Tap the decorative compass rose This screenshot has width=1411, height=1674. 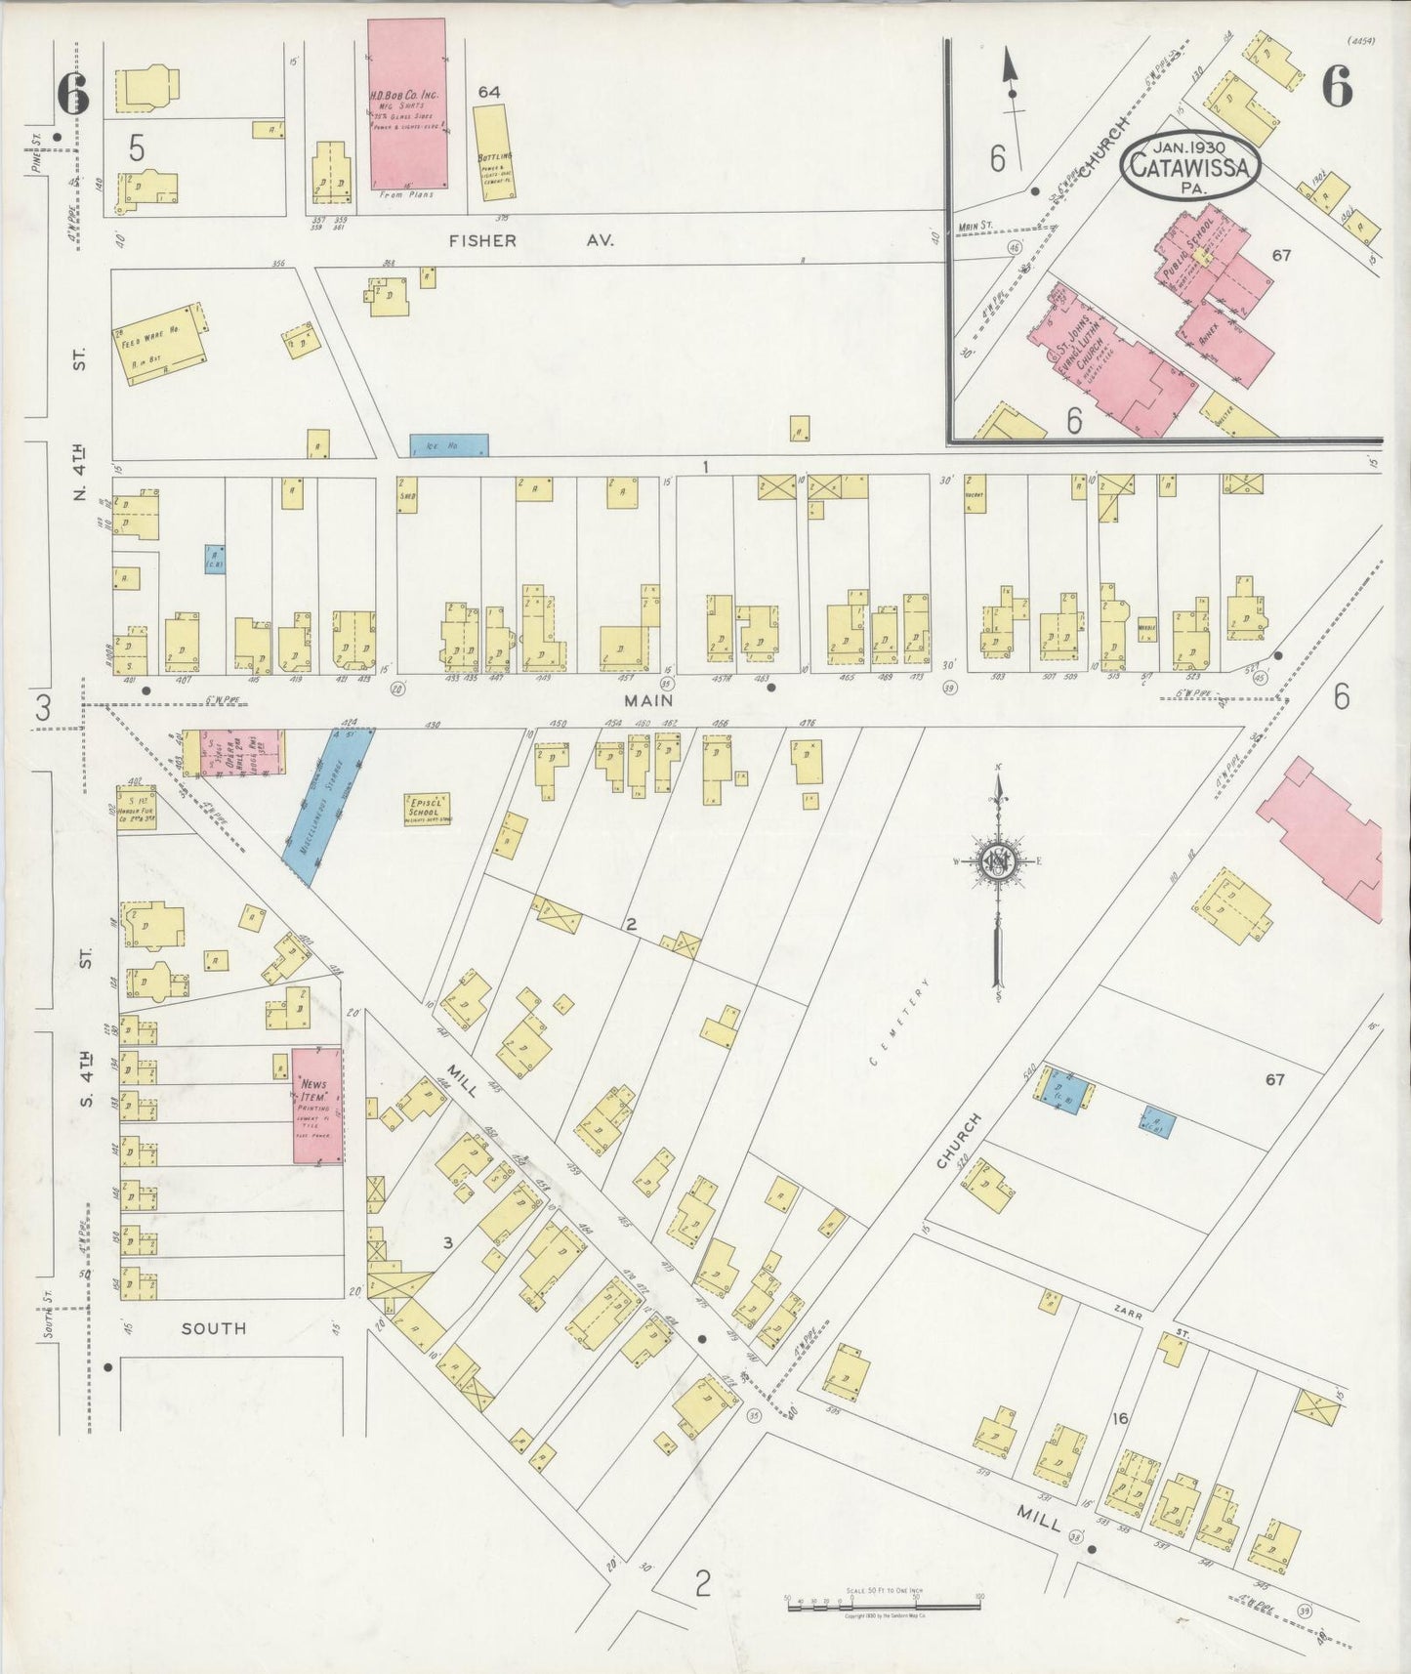[x=998, y=861]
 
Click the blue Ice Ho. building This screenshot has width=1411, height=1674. [x=448, y=445]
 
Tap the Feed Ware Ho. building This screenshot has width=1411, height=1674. [x=160, y=343]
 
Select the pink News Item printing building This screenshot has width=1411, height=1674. [x=317, y=1106]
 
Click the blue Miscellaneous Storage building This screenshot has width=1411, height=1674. [x=328, y=808]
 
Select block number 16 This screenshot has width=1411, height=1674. [x=1119, y=1417]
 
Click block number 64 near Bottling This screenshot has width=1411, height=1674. [x=489, y=91]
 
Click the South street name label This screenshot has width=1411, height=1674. [x=214, y=1328]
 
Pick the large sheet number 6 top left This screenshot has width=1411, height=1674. [x=72, y=94]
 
